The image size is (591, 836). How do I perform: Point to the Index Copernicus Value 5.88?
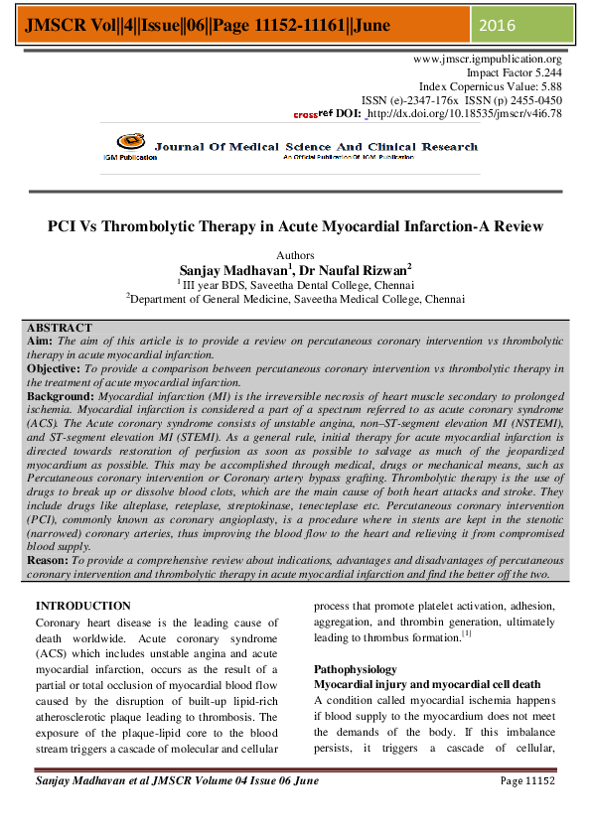point(546,87)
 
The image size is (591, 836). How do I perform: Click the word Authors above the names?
point(295,256)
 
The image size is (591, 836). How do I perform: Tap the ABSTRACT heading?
point(60,328)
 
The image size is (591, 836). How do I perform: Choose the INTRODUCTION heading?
point(82,606)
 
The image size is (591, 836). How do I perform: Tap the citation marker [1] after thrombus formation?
point(466,634)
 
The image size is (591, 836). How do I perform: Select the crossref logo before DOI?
point(313,114)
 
